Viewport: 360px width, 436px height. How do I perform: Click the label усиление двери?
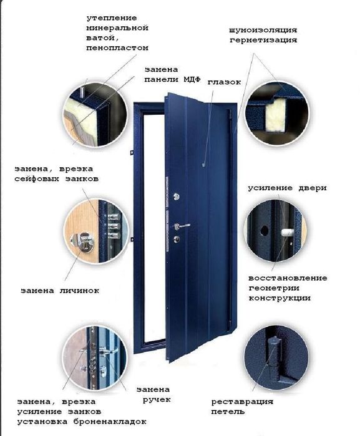[x=287, y=188]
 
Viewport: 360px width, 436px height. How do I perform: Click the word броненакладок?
[x=112, y=422]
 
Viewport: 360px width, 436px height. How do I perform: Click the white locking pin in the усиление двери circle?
[x=288, y=232]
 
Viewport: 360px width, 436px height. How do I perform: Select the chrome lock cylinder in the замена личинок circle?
[x=83, y=240]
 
